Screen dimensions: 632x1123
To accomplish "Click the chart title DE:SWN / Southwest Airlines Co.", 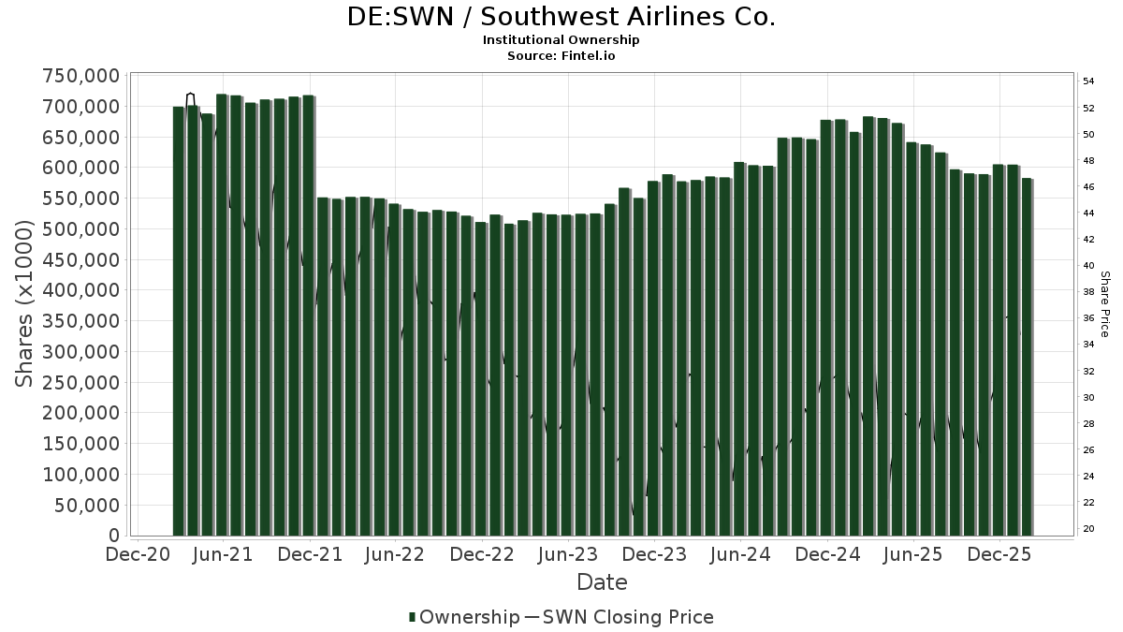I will (561, 17).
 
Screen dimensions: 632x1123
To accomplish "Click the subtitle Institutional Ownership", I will (561, 40).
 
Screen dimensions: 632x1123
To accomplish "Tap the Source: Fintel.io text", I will (561, 56).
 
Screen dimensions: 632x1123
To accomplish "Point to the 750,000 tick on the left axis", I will (81, 76).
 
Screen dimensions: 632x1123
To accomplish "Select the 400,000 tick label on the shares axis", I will (81, 290).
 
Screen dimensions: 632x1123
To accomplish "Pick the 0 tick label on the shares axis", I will (114, 536).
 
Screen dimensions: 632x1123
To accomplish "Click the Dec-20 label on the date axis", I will (138, 554).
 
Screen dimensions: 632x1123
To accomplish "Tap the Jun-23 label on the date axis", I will (568, 554).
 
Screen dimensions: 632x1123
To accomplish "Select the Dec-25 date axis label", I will (999, 554).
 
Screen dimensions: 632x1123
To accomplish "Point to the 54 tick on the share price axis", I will (1089, 81).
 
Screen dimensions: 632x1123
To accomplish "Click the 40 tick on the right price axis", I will (1089, 266).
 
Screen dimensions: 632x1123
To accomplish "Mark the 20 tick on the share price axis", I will (1089, 529).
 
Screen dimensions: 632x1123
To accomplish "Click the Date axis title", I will (602, 582).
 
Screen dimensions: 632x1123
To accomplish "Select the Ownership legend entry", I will (464, 617).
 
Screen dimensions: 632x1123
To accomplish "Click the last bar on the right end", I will (1028, 356).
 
